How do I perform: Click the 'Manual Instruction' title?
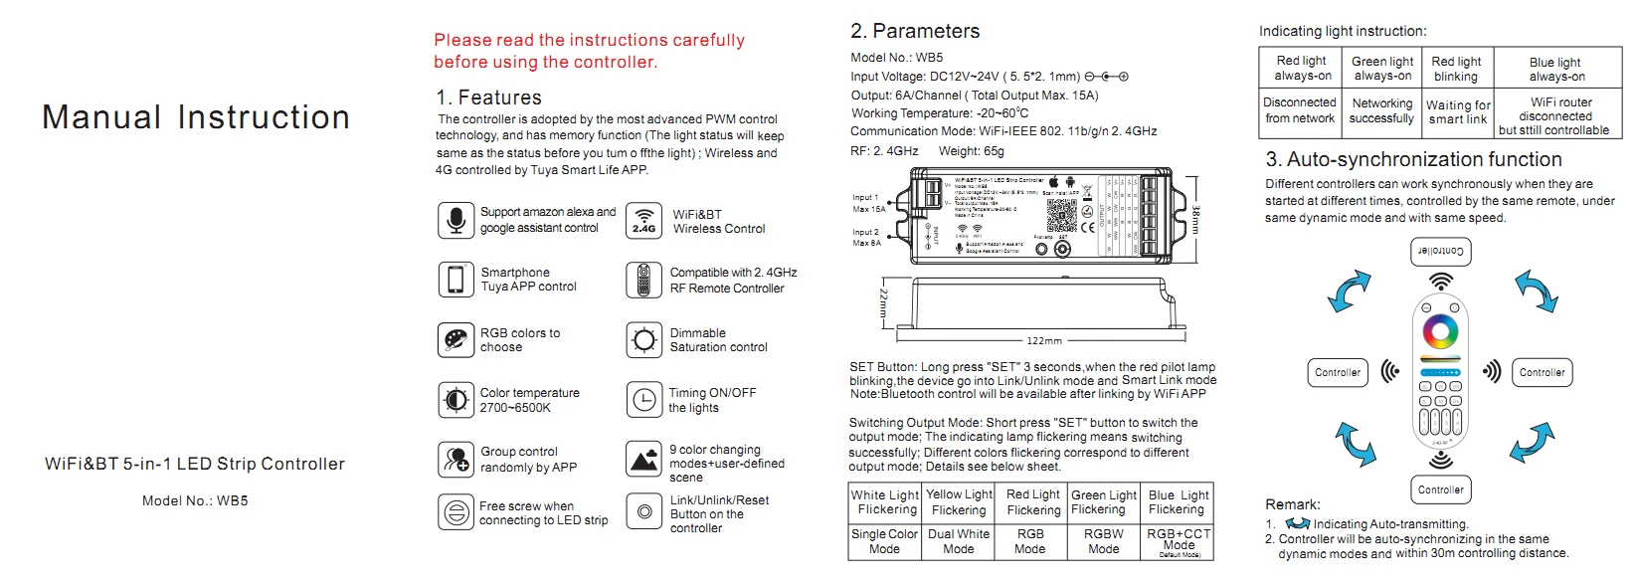(x=196, y=117)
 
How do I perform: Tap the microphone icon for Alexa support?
(x=455, y=220)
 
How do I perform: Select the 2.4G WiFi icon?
(x=644, y=220)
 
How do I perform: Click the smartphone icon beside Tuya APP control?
(x=455, y=280)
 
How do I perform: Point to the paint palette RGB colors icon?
(x=455, y=340)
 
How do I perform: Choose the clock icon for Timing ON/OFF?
(x=644, y=400)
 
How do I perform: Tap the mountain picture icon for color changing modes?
(x=644, y=460)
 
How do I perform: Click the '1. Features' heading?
(x=488, y=97)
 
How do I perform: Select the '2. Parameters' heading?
(x=915, y=31)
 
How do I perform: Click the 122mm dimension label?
(x=1043, y=340)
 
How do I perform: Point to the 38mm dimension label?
(x=1195, y=220)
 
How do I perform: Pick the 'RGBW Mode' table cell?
(x=1103, y=541)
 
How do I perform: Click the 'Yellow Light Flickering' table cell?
(x=959, y=502)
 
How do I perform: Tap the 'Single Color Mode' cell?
(x=884, y=541)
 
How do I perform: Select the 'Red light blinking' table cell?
(x=1456, y=69)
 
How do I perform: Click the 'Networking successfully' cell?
(x=1381, y=110)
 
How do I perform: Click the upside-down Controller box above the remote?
(x=1440, y=251)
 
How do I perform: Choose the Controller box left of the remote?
(x=1338, y=373)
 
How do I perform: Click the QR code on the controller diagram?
(x=1061, y=214)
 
